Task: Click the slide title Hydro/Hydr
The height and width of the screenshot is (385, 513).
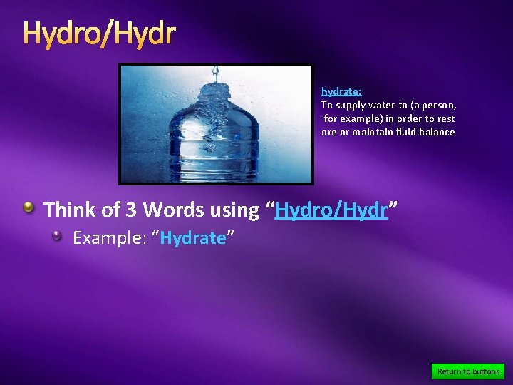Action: (x=99, y=33)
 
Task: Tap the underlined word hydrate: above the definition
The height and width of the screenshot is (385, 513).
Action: (x=341, y=91)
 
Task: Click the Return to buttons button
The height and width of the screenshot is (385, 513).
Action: (x=468, y=371)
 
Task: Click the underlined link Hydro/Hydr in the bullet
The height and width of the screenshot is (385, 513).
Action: (x=331, y=210)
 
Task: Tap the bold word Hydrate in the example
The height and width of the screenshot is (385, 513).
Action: (x=192, y=238)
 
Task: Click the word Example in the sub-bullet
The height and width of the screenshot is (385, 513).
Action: (x=103, y=238)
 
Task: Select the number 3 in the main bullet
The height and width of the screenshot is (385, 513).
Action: (x=131, y=210)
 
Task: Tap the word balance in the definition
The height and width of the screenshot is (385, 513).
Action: (x=440, y=133)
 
